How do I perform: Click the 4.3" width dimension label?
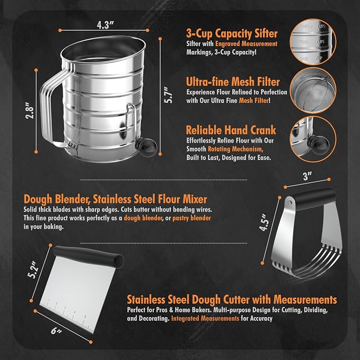point(105,25)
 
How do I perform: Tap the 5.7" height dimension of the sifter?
point(168,95)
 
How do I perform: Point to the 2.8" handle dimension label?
point(30,110)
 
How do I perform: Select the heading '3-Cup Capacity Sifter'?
point(232,33)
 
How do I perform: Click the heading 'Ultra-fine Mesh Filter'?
point(233,82)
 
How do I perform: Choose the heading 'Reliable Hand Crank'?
point(231,130)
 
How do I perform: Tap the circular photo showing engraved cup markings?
point(313,42)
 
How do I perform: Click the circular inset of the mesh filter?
point(313,90)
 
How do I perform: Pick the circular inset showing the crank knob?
point(313,139)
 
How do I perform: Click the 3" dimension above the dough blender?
point(307,177)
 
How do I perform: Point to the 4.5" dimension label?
point(264,222)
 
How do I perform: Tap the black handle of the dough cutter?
point(89,256)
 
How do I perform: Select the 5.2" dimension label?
point(32,269)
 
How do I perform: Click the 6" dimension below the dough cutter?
point(56,331)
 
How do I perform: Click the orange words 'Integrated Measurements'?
point(205,319)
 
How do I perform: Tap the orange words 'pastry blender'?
point(191,218)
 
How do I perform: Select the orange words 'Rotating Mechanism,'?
point(235,149)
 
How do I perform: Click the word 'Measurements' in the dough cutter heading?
point(305,300)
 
